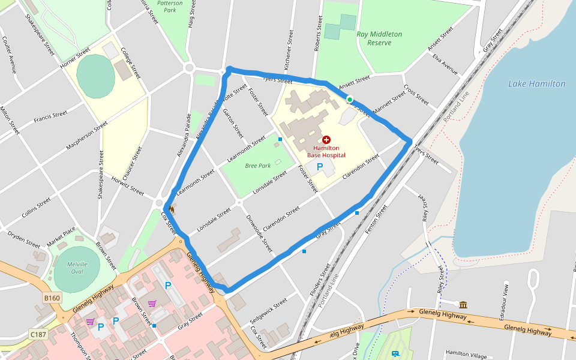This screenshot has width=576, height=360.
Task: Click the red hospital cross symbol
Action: [326, 139]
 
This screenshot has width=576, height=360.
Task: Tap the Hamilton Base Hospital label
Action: [326, 151]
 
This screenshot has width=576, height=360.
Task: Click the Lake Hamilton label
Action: [536, 84]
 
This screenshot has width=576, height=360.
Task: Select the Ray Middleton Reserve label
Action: [379, 38]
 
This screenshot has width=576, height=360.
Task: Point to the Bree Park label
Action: [258, 166]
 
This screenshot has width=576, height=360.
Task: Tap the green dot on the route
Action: [349, 100]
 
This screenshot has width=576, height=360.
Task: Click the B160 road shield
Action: [52, 298]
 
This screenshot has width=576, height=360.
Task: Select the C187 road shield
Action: [38, 334]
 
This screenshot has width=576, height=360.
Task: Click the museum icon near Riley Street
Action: [463, 305]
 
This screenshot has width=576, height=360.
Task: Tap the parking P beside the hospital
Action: [320, 166]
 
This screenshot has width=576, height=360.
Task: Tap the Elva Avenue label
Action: [445, 65]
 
